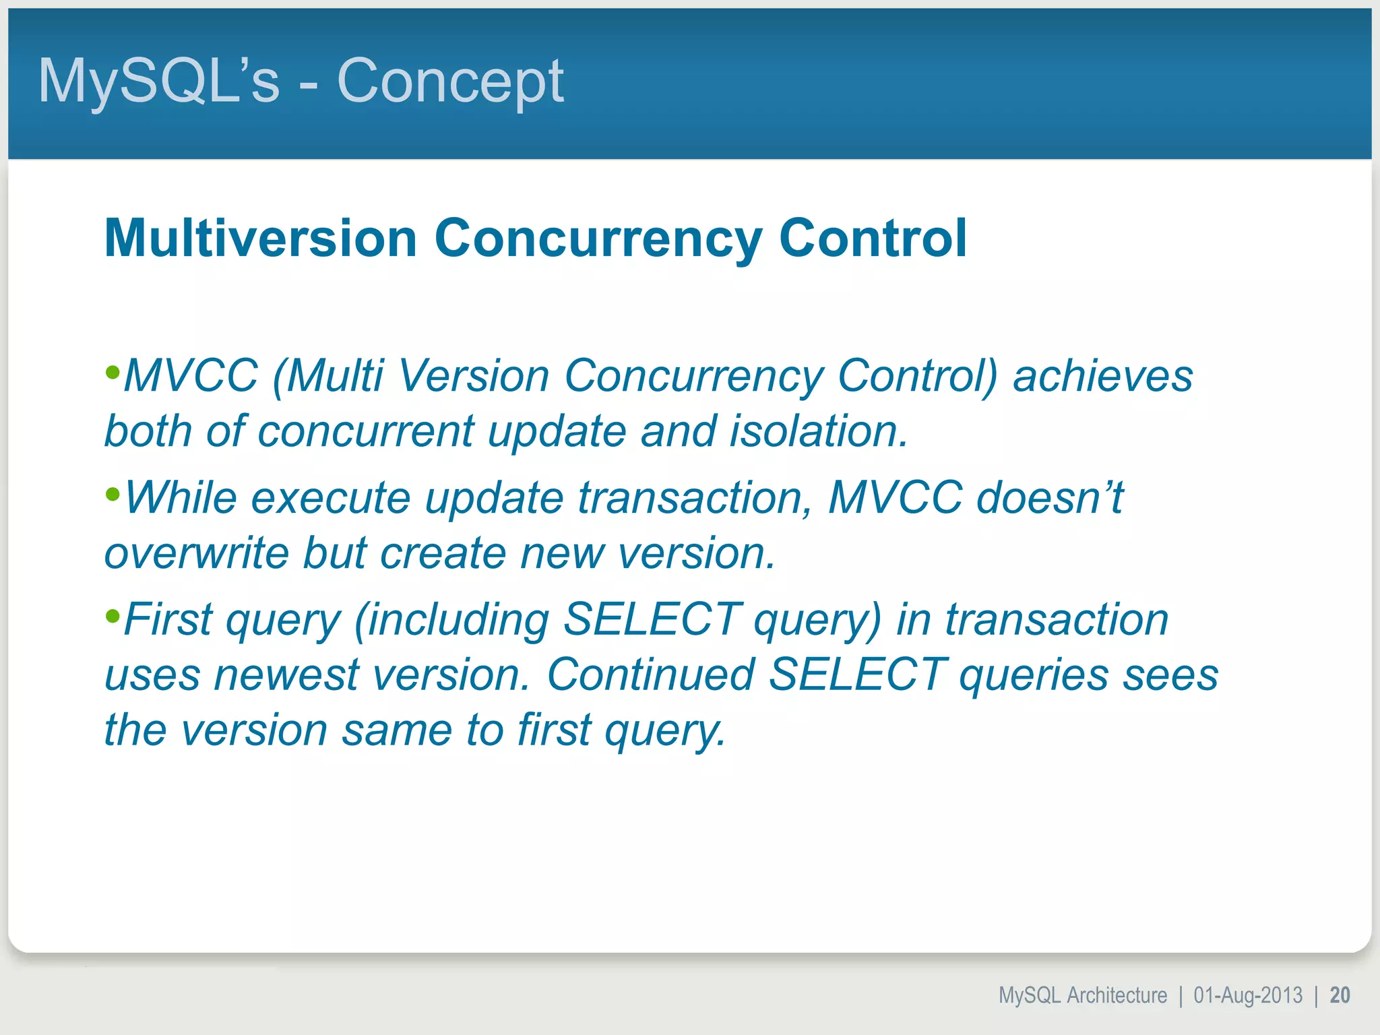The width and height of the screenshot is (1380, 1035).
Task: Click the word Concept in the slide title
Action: (x=449, y=82)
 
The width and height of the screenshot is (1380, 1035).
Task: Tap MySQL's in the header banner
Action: (x=158, y=82)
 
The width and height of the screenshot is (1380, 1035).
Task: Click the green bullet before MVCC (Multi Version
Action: (x=113, y=372)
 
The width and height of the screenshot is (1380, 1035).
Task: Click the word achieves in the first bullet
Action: (x=1102, y=376)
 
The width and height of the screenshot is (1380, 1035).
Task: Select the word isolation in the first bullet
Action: (x=817, y=431)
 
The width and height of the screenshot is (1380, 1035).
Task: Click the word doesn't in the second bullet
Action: (x=1049, y=499)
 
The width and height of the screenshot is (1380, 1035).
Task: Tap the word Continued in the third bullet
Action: (x=650, y=675)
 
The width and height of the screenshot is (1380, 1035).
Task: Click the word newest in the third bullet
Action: (x=286, y=675)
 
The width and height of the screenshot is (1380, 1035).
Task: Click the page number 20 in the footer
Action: (x=1340, y=995)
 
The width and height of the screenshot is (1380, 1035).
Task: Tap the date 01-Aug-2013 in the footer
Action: (x=1247, y=995)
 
